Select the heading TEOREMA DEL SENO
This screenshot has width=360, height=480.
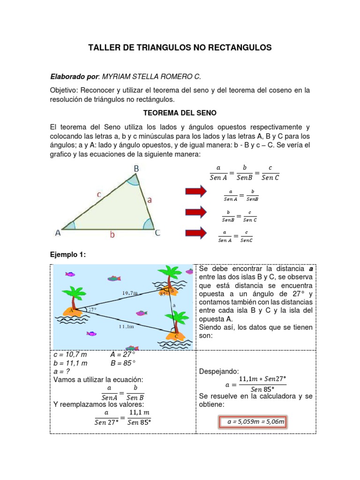[180, 113]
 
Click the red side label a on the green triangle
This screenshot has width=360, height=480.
[150, 200]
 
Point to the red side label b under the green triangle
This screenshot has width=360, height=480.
[112, 235]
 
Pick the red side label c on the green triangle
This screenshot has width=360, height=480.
[99, 194]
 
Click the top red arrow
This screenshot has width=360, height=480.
[195, 191]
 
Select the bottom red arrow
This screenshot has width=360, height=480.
[195, 233]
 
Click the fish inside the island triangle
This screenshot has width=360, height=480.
[141, 313]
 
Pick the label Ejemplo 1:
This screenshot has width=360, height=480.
[68, 255]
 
